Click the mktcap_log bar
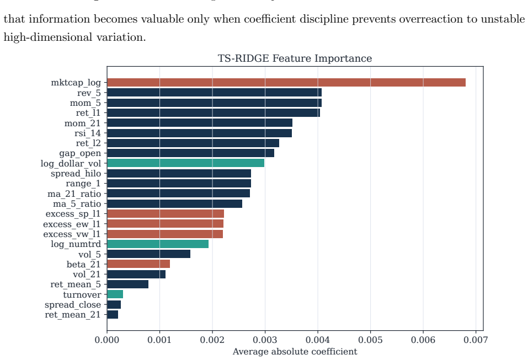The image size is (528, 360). (x=286, y=83)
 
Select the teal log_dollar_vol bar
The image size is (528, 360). (x=185, y=163)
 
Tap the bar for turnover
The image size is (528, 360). (x=115, y=294)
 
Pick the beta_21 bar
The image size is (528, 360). (x=138, y=264)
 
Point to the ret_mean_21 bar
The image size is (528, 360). (x=113, y=315)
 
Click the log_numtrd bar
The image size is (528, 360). (x=158, y=244)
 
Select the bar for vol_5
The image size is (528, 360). (x=148, y=254)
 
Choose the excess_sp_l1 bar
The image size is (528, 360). (x=166, y=214)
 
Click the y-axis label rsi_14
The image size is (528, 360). (x=88, y=133)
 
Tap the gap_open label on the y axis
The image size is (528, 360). (x=80, y=153)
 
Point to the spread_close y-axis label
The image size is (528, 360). (x=73, y=305)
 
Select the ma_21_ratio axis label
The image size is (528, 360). (x=74, y=194)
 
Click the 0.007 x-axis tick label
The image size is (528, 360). (x=476, y=340)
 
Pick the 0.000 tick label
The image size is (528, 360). (x=107, y=340)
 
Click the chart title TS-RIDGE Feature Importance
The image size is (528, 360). (x=295, y=58)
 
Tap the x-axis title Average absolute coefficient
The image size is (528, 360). (x=295, y=352)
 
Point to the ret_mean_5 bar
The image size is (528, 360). (x=127, y=284)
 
